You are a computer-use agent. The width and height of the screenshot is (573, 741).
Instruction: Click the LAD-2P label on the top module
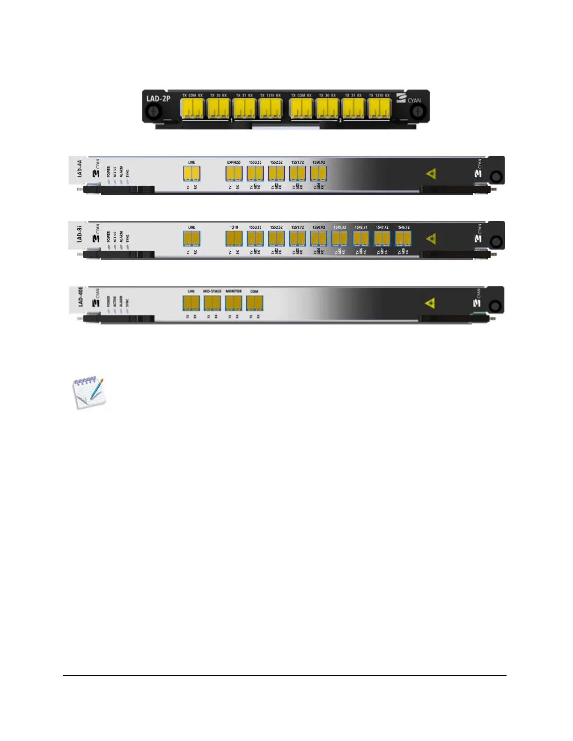(158, 99)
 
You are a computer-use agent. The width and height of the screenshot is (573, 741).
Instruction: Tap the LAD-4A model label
(80, 168)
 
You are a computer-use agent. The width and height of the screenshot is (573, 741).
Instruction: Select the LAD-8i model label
(80, 234)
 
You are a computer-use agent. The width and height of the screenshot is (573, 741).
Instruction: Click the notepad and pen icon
(88, 392)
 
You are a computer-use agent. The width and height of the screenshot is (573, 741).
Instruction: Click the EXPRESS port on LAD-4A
(234, 173)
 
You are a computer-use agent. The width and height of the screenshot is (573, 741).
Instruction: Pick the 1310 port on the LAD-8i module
(234, 238)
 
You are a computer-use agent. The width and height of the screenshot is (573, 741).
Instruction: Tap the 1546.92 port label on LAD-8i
(403, 227)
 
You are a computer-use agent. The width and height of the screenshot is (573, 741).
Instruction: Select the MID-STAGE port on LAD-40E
(212, 303)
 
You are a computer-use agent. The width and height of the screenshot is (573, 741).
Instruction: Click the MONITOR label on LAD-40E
(234, 291)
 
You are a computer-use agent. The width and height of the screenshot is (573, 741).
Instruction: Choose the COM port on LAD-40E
(254, 303)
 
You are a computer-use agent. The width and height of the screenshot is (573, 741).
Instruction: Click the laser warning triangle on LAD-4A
(431, 174)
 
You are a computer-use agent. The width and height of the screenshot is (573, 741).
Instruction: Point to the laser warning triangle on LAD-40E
(430, 303)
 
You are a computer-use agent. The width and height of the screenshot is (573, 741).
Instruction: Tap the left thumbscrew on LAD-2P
(153, 112)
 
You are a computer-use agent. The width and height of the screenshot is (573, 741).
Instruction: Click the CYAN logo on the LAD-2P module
(409, 99)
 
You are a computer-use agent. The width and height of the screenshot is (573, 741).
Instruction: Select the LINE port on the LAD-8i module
(191, 238)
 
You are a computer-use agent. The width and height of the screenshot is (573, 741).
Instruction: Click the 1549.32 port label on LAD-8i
(340, 227)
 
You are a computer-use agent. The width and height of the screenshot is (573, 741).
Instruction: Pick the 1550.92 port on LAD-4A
(318, 173)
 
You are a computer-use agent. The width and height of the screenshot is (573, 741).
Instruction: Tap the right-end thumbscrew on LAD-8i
(496, 242)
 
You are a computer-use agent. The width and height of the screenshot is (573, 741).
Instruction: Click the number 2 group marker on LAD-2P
(340, 120)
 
